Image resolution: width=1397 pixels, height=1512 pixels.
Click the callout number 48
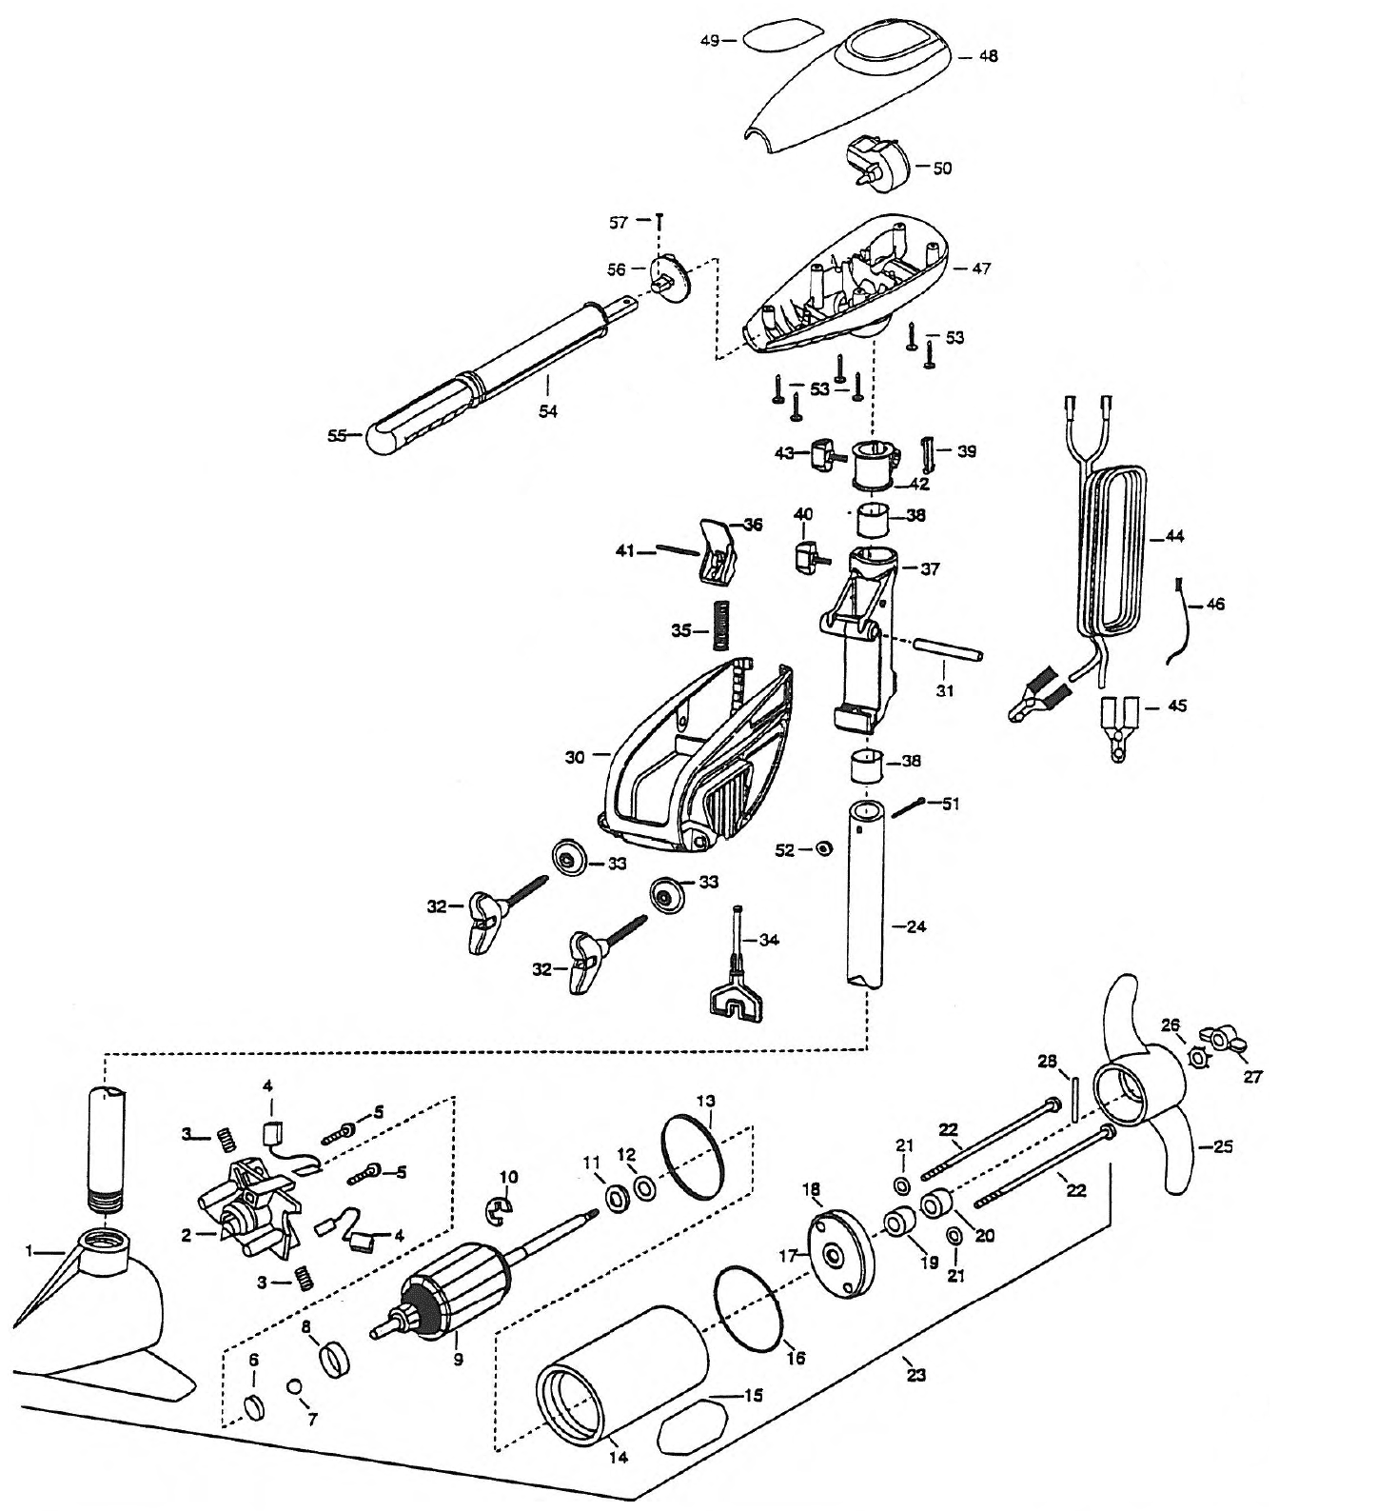point(988,56)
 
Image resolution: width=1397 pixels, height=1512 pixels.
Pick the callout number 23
point(916,1374)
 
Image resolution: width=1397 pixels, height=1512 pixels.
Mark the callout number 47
point(980,269)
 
